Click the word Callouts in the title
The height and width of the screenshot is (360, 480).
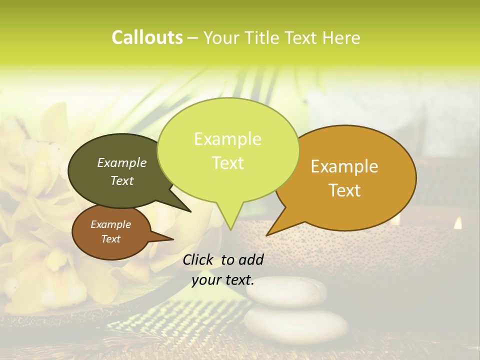(x=147, y=37)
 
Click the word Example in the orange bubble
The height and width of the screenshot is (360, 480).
(x=344, y=166)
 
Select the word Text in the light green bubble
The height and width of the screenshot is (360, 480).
(x=228, y=163)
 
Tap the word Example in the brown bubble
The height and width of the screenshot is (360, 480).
(x=111, y=224)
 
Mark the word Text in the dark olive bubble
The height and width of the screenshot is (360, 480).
(x=122, y=180)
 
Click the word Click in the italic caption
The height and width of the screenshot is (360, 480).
(x=198, y=259)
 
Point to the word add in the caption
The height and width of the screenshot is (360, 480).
(x=251, y=259)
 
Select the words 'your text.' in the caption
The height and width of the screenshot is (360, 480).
(x=223, y=280)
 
